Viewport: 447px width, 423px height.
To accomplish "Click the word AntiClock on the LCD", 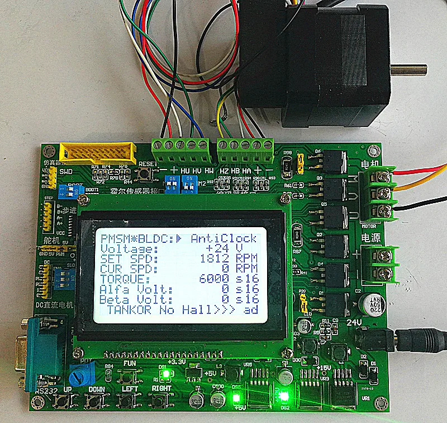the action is coord(223,237).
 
